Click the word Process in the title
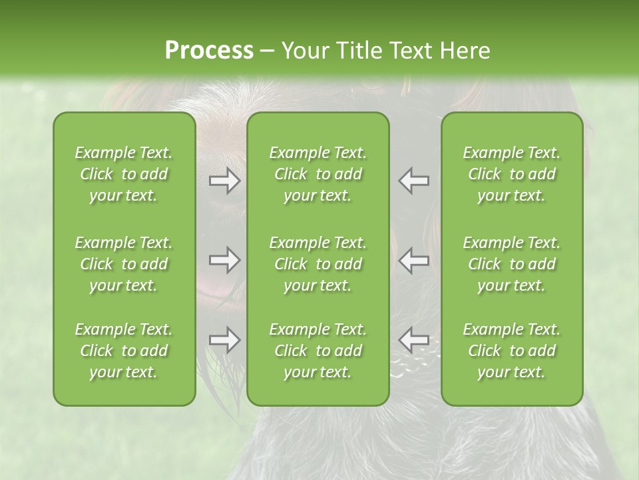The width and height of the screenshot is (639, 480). [209, 51]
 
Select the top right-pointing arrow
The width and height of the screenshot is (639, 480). [225, 181]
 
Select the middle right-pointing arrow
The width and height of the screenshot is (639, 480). [225, 260]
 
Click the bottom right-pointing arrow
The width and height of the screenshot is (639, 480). [225, 340]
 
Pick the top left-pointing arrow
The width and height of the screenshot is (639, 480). [413, 181]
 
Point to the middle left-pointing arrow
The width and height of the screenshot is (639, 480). [413, 260]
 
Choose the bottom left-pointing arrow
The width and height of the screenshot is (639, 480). [413, 340]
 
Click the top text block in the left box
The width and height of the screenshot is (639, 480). [124, 174]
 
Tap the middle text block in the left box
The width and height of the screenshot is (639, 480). [124, 264]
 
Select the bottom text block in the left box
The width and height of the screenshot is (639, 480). [124, 351]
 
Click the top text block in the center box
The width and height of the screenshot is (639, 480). [318, 174]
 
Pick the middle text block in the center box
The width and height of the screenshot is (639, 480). [318, 264]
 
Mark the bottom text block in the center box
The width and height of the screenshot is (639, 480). [318, 351]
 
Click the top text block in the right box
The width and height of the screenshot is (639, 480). [512, 174]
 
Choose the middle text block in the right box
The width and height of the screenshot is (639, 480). [512, 264]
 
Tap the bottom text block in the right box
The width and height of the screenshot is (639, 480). [512, 351]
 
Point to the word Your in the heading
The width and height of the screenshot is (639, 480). [304, 51]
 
